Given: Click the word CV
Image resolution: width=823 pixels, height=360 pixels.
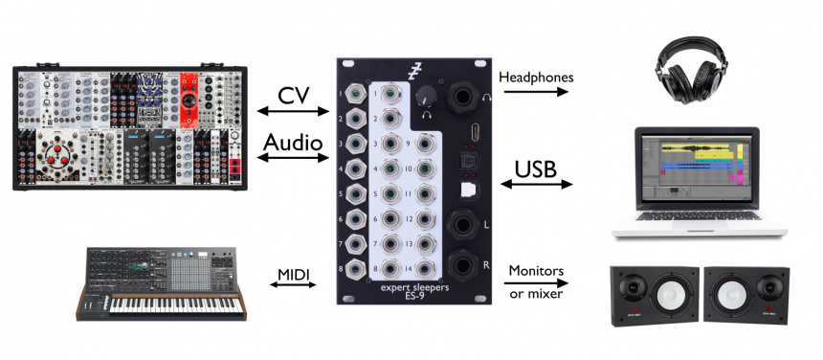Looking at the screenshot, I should pyautogui.click(x=293, y=97).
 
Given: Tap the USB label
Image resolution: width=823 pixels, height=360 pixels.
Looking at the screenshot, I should pyautogui.click(x=538, y=169).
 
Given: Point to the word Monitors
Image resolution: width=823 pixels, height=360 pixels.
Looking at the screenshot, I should pyautogui.click(x=534, y=271).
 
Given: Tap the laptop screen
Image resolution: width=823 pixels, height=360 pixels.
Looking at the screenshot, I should pyautogui.click(x=696, y=167).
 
